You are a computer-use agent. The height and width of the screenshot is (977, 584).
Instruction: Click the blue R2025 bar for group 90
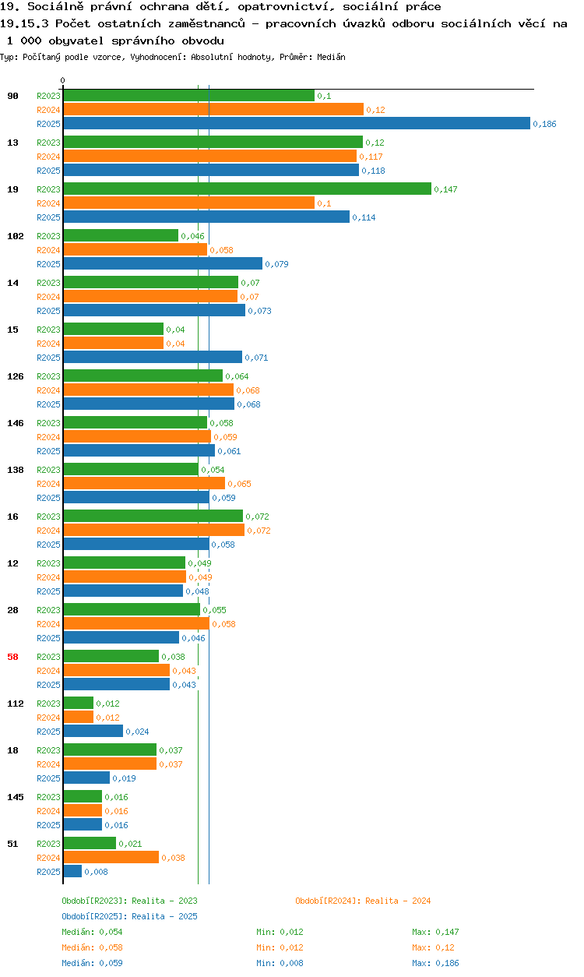[x=297, y=123]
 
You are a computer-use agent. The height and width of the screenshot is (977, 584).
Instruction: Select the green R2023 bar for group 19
[x=247, y=189]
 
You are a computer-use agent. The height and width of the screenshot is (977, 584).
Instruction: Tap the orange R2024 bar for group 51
[x=111, y=858]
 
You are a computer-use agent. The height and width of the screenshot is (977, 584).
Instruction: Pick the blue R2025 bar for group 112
[x=93, y=732]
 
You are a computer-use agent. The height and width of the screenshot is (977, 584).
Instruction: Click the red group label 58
[x=12, y=657]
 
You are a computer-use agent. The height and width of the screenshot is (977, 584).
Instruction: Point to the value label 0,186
[x=544, y=124]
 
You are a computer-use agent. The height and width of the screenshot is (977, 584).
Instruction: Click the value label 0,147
[x=445, y=189]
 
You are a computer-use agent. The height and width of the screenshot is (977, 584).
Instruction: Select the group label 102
[x=16, y=236]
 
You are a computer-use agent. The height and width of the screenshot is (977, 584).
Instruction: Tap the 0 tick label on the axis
[x=63, y=80]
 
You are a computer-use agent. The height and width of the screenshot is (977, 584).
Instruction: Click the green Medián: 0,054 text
[x=92, y=932]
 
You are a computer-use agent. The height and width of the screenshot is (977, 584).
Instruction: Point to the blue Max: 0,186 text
[x=435, y=963]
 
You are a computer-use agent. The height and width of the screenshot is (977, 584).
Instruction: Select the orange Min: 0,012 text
[x=280, y=947]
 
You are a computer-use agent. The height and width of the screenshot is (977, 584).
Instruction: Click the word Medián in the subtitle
[x=331, y=57]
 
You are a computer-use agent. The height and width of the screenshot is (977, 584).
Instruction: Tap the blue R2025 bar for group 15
[x=153, y=357]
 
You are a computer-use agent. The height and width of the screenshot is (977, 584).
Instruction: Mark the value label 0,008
[x=96, y=872]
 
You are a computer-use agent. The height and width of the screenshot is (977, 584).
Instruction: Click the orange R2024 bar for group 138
[x=144, y=483]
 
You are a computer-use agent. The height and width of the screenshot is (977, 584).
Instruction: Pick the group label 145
[x=16, y=797]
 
